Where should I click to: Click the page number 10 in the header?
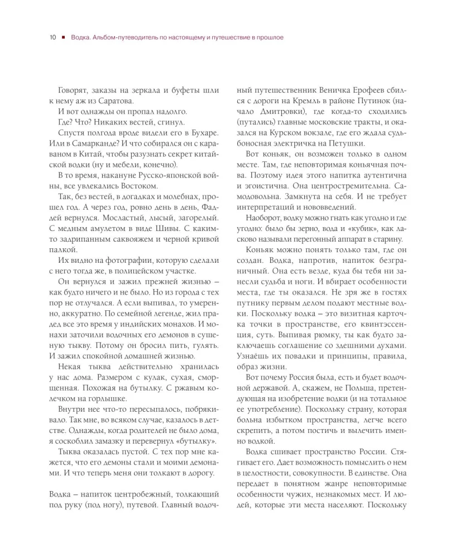tap(52, 37)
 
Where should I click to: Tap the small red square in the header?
tap(64, 37)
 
